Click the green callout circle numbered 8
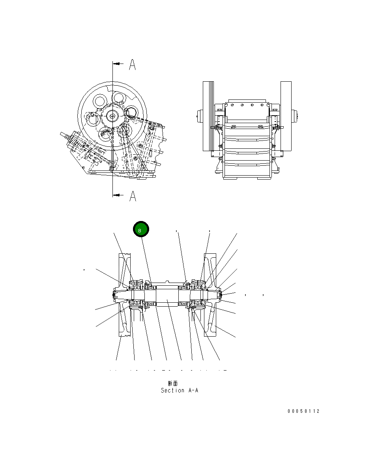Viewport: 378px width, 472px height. (x=141, y=230)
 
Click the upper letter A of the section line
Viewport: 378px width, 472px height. (x=133, y=65)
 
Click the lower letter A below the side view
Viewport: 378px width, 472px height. (x=133, y=196)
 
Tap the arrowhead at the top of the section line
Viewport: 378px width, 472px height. (x=116, y=63)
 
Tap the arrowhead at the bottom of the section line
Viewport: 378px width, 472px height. (x=116, y=195)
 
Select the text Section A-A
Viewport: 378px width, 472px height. (x=179, y=390)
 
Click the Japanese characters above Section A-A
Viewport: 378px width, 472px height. (x=173, y=383)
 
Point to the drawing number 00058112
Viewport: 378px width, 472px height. (x=303, y=411)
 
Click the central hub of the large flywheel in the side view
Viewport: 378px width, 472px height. (x=112, y=116)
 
